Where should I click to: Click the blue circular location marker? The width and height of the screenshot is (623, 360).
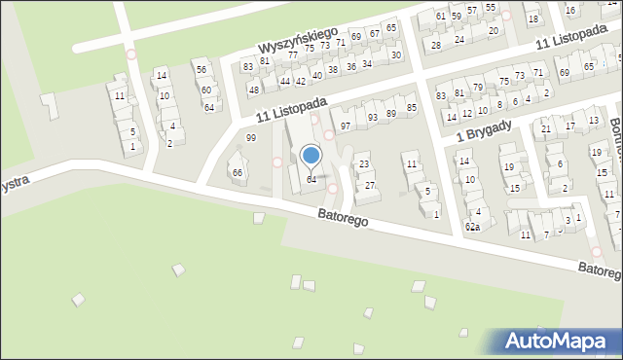pyautogui.click(x=311, y=154)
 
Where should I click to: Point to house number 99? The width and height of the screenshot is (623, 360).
pyautogui.click(x=251, y=138)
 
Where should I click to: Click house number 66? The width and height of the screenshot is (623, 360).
pyautogui.click(x=237, y=172)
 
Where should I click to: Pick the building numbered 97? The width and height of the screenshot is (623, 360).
pyautogui.click(x=345, y=126)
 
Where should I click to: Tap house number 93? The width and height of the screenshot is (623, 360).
pyautogui.click(x=373, y=117)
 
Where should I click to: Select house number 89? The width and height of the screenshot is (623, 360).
pyautogui.click(x=391, y=113)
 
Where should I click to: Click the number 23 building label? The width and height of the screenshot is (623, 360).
pyautogui.click(x=364, y=164)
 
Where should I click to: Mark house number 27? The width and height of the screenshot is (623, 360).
pyautogui.click(x=370, y=185)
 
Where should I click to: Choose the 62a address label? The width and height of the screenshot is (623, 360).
pyautogui.click(x=472, y=227)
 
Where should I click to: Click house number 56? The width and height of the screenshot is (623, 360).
pyautogui.click(x=201, y=69)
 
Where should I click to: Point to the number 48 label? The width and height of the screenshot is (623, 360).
pyautogui.click(x=253, y=90)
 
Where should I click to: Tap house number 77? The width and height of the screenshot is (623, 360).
pyautogui.click(x=292, y=55)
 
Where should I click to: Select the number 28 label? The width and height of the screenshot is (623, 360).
pyautogui.click(x=436, y=46)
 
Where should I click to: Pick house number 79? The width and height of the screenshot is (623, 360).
pyautogui.click(x=478, y=88)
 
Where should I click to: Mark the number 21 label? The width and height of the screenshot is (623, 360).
pyautogui.click(x=546, y=128)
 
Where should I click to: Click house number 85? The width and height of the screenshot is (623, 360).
pyautogui.click(x=412, y=107)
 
